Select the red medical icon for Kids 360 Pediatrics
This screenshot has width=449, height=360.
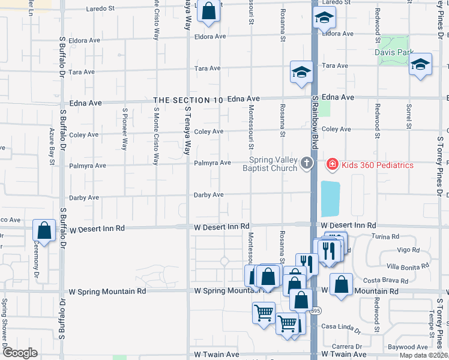331,164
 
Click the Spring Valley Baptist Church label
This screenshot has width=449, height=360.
274,164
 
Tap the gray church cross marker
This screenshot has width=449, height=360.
307,163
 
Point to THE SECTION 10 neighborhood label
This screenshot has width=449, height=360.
188,100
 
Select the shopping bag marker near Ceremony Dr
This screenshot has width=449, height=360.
44,230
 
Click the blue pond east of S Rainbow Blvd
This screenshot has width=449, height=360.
330,199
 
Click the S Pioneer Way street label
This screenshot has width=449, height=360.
125,128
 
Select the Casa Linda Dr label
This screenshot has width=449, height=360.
340,329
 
